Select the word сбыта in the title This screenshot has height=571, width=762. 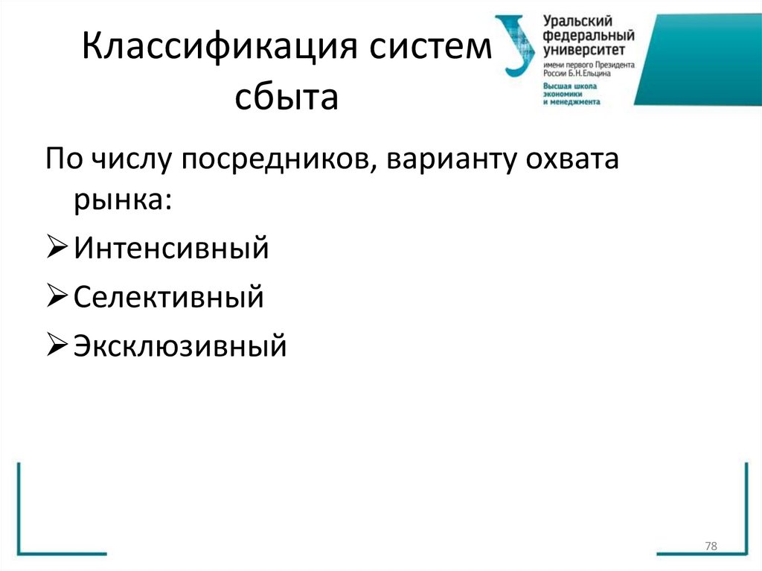[286, 98]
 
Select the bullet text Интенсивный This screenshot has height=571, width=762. [171, 248]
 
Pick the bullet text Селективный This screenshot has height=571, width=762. [169, 297]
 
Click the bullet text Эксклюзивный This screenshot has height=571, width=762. [180, 345]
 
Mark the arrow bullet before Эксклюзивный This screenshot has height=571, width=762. [58, 346]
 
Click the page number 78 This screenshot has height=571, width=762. [710, 547]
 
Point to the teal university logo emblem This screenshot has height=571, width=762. [515, 45]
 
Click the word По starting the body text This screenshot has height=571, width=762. [65, 160]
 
